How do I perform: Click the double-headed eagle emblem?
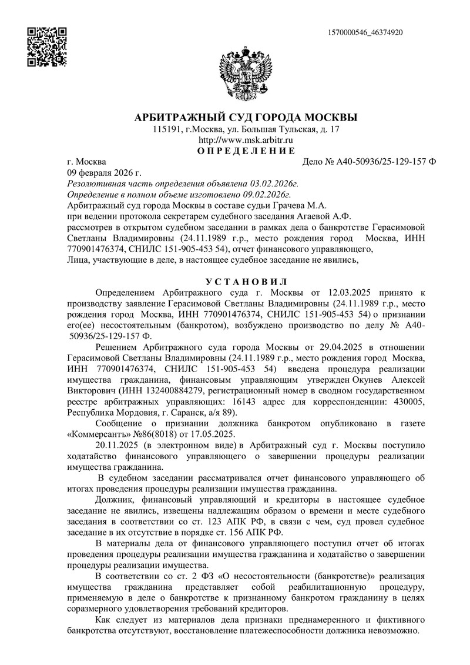tap(246, 73)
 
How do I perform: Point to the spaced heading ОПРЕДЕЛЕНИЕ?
tap(246, 151)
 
